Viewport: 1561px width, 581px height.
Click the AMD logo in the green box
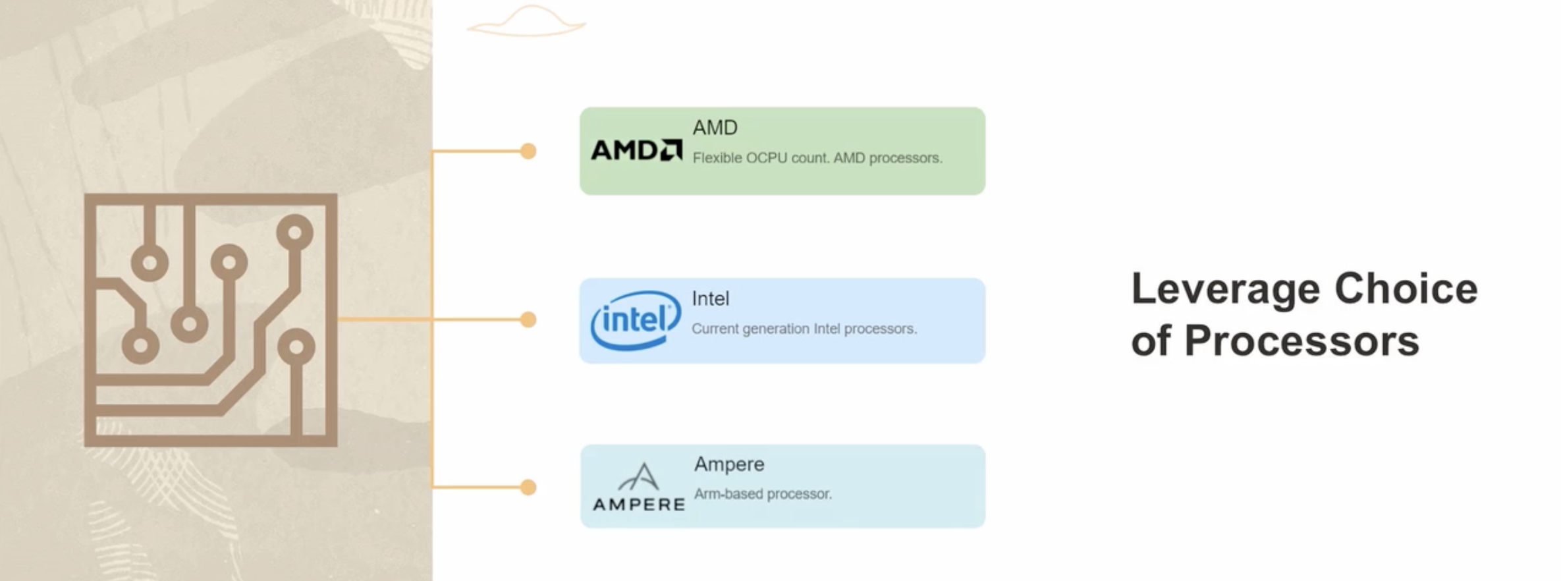636,150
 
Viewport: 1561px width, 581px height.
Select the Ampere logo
639,487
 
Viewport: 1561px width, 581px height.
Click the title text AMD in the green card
715,128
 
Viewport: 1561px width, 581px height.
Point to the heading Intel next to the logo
710,298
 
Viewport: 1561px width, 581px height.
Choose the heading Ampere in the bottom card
729,464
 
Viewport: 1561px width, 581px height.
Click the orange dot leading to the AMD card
528,152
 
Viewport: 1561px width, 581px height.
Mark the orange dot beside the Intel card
528,320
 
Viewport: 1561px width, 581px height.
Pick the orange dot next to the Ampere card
528,487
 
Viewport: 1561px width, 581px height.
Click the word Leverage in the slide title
1225,290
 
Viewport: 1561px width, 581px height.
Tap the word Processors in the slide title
1301,341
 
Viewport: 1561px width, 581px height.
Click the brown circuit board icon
211,320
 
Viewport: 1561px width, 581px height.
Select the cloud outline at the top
527,22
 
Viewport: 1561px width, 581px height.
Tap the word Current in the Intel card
715,329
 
